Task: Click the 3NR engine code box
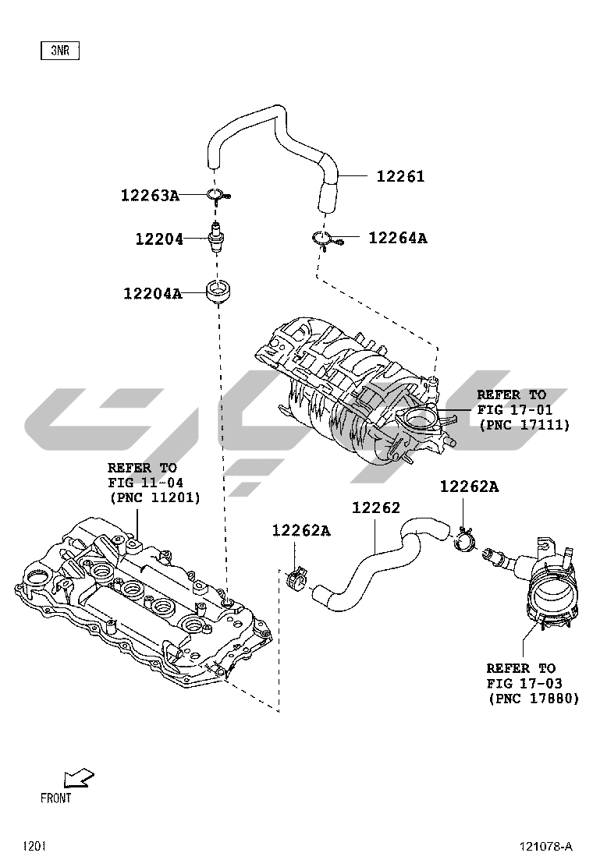(60, 51)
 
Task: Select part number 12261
(400, 177)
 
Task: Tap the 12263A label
(150, 195)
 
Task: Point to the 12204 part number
(159, 239)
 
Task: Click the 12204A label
(152, 294)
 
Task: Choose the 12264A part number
(398, 238)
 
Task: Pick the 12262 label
(375, 508)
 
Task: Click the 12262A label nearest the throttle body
(469, 487)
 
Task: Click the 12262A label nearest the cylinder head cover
(301, 531)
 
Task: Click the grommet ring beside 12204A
(218, 292)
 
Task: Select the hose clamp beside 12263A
(217, 195)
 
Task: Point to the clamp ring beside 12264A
(324, 239)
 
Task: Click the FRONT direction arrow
(79, 777)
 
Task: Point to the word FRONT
(55, 798)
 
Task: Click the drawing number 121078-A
(546, 846)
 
